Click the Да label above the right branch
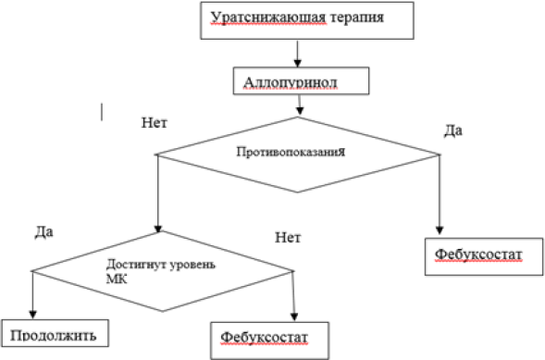[x=452, y=132]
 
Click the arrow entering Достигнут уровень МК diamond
[x=158, y=199]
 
